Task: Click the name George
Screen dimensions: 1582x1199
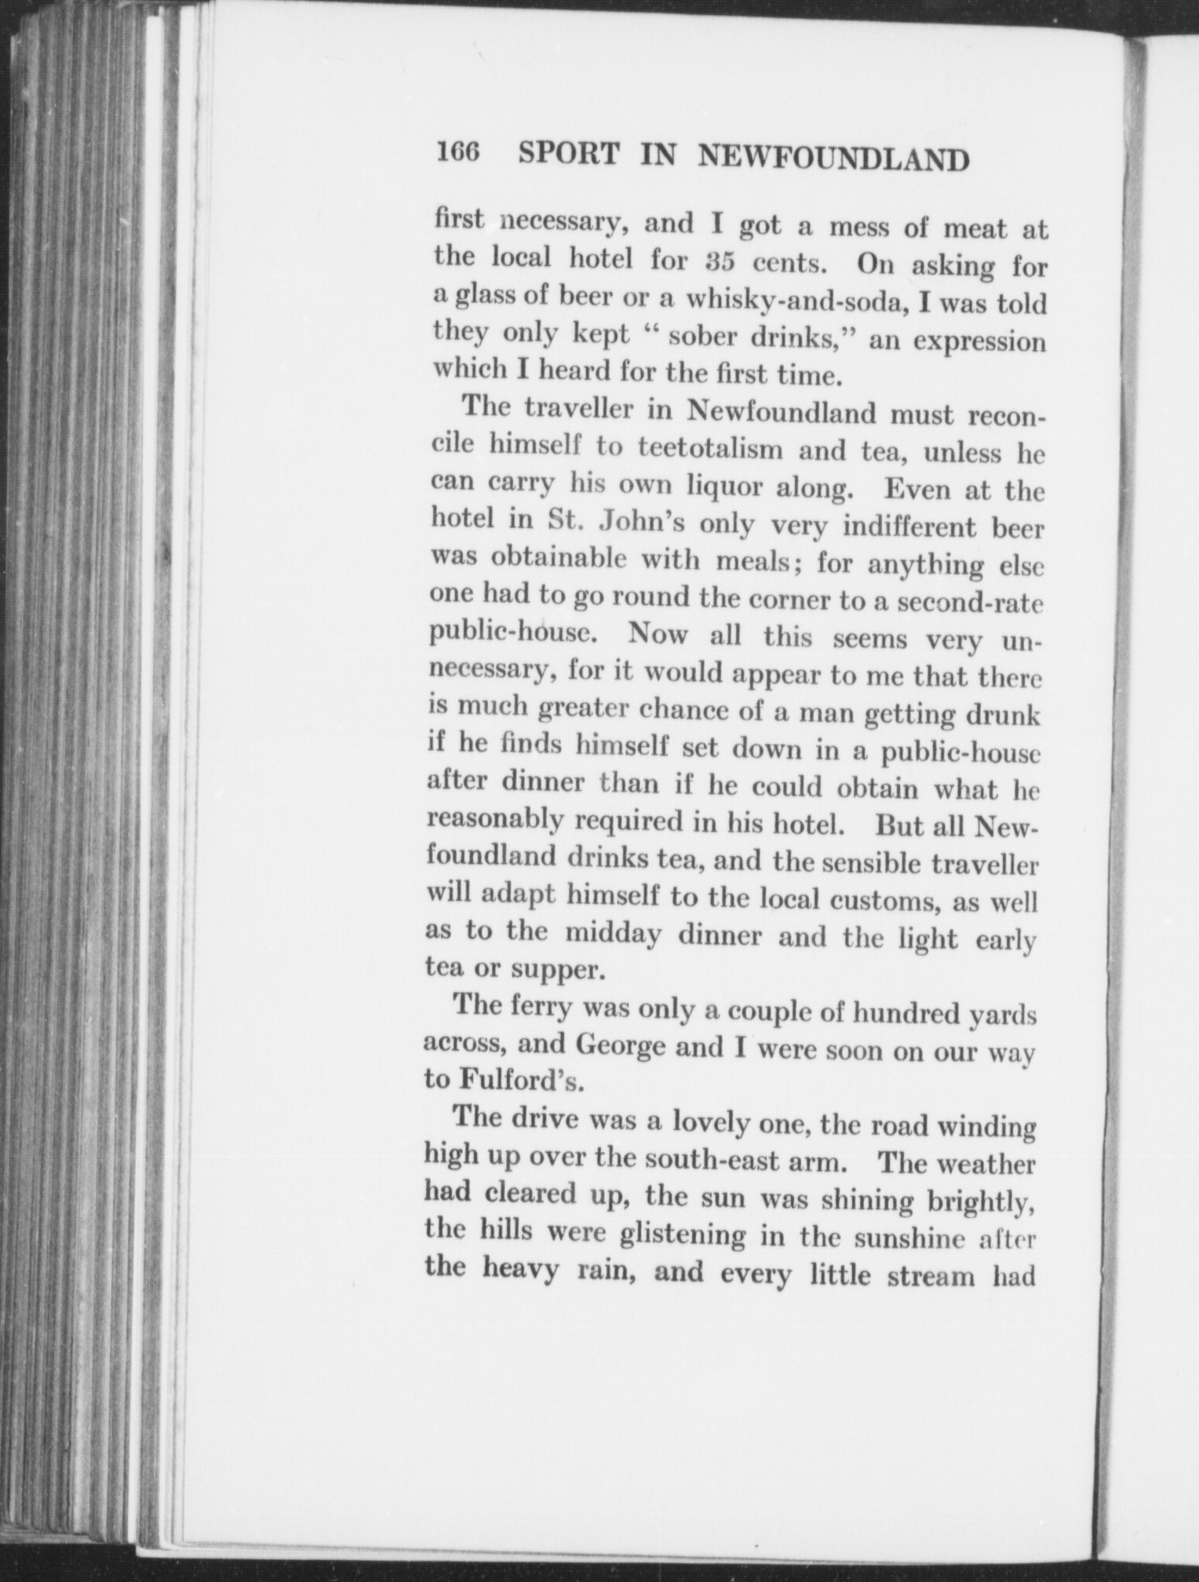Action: point(621,1045)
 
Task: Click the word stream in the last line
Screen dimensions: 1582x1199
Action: point(930,1275)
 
